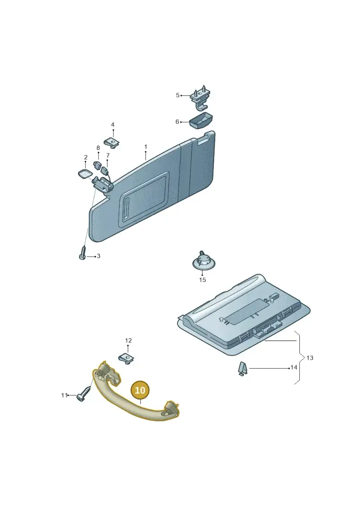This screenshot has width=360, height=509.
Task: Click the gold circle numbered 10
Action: (x=140, y=390)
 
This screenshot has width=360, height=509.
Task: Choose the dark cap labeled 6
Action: (x=201, y=121)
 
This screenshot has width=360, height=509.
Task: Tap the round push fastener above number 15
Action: (x=203, y=260)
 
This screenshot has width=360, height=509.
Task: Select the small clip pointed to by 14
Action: (x=243, y=369)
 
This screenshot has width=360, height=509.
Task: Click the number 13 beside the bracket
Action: (x=310, y=358)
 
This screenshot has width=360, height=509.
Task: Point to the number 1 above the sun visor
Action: (x=146, y=147)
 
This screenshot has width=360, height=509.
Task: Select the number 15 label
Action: (x=202, y=280)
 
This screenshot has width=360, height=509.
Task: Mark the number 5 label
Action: (x=178, y=95)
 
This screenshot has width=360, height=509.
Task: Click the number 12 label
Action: (x=128, y=341)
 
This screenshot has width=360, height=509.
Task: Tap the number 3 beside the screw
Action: (x=99, y=256)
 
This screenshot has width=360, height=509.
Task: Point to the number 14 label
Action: (x=293, y=368)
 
